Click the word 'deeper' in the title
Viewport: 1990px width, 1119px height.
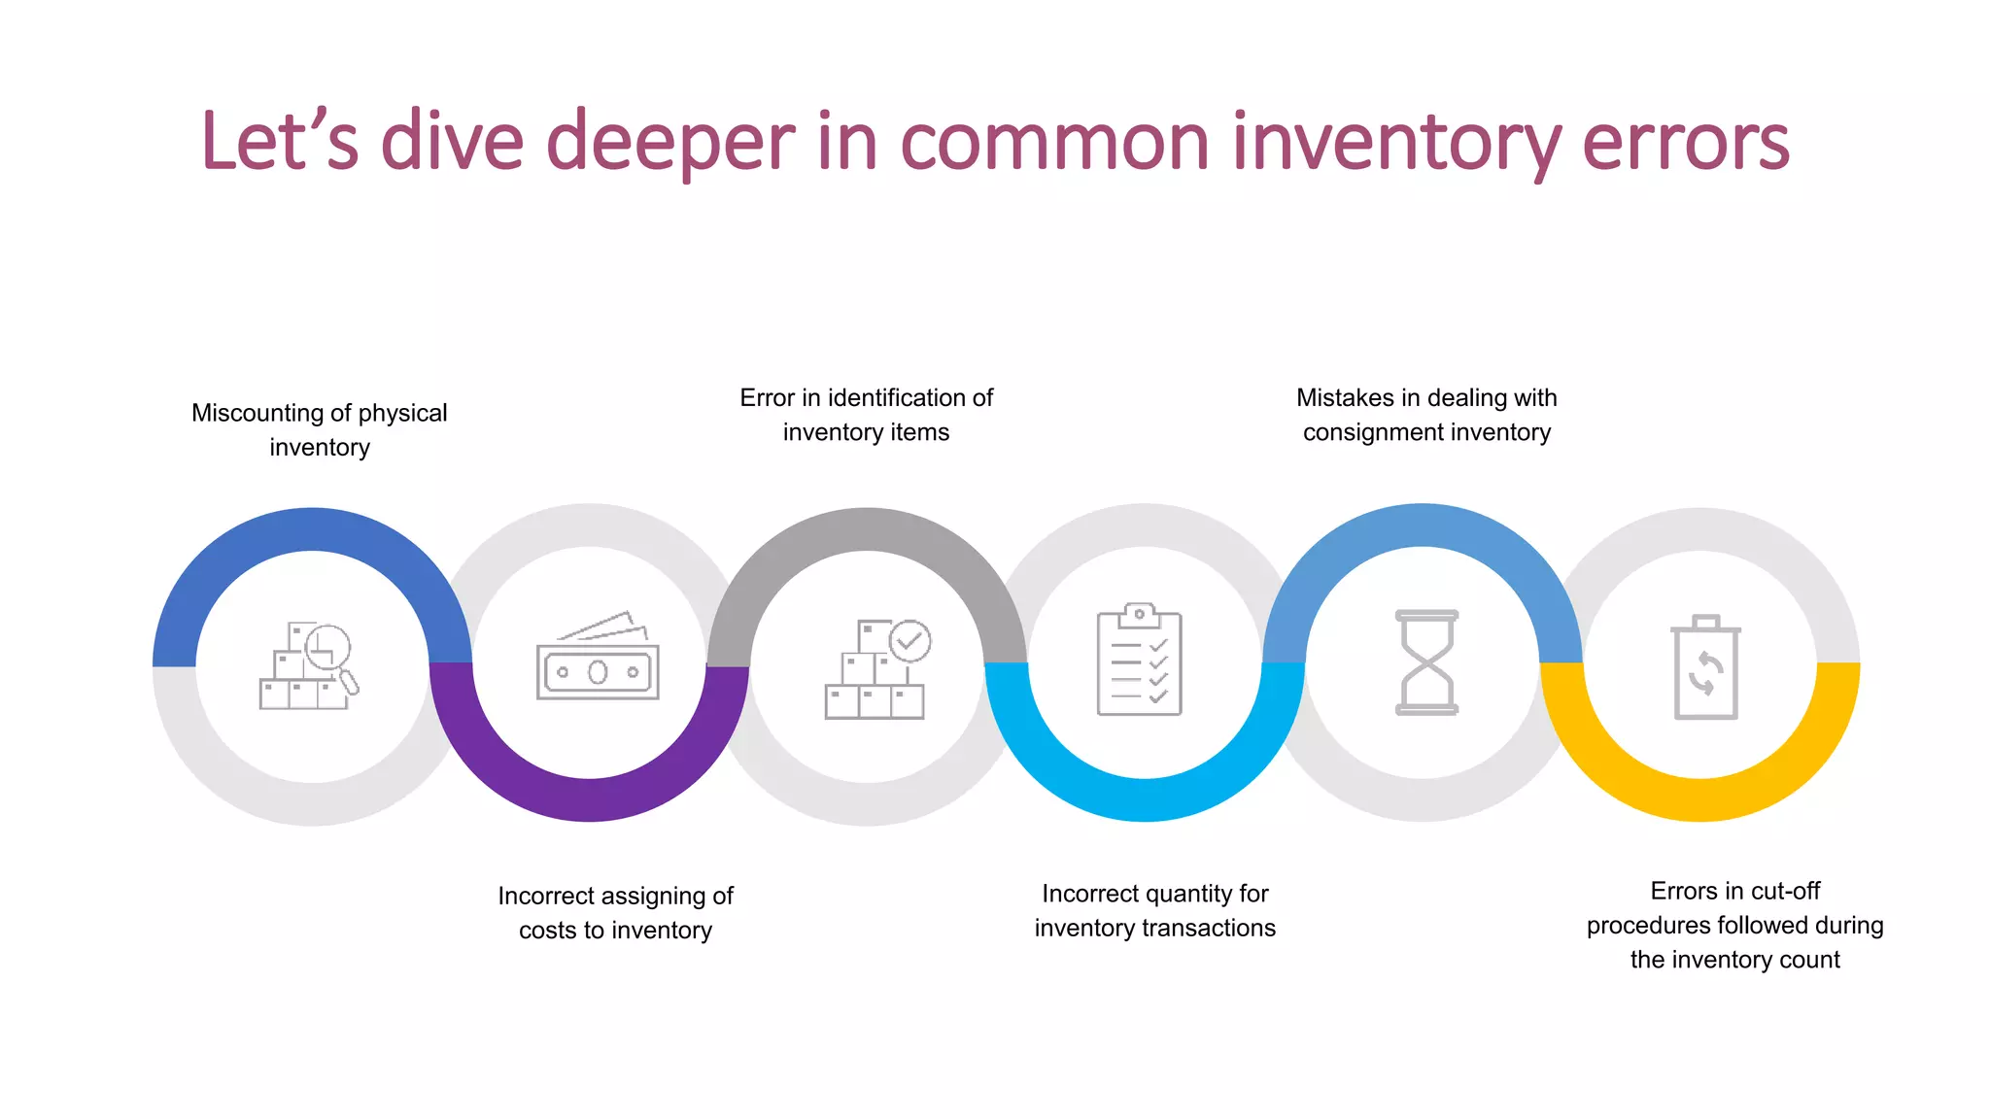tap(670, 143)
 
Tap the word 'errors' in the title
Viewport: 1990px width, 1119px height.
tap(1685, 143)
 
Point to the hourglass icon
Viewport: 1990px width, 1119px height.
tap(1426, 662)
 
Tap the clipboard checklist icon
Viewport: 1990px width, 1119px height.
tap(1140, 660)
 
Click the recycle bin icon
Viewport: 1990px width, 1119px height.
tap(1705, 667)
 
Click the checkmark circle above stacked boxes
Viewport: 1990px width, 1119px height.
tap(910, 641)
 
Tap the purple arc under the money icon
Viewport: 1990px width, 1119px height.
tap(589, 799)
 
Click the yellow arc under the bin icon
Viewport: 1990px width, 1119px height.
tap(1699, 799)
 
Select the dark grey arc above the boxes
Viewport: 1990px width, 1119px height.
tap(866, 529)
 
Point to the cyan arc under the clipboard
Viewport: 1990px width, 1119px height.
tap(1145, 799)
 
